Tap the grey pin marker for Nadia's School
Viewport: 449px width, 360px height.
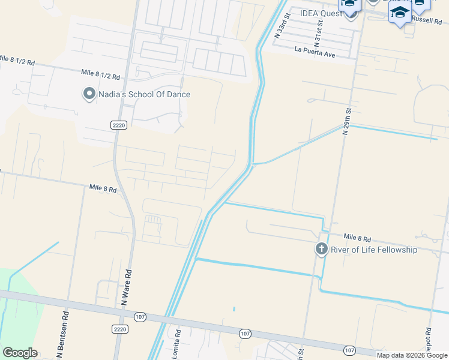click(x=89, y=94)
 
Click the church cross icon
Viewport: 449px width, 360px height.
click(x=321, y=248)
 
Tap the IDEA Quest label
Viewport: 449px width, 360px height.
click(x=321, y=14)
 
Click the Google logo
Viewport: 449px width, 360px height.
click(x=20, y=353)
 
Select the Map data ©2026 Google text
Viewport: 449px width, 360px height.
click(x=412, y=355)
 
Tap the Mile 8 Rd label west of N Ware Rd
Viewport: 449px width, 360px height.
click(x=103, y=188)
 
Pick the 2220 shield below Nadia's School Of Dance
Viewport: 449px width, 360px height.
click(x=119, y=124)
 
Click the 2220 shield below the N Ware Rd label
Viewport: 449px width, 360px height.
click(x=120, y=329)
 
